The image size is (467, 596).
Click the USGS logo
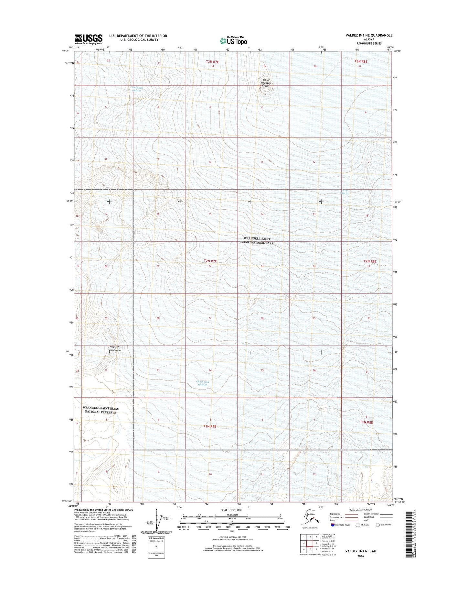(x=89, y=39)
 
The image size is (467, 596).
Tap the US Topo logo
(x=233, y=41)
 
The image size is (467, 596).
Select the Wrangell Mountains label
(x=115, y=348)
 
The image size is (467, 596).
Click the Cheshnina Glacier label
(x=203, y=383)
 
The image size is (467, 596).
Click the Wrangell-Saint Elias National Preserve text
(x=100, y=410)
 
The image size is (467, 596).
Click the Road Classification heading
(x=361, y=510)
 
